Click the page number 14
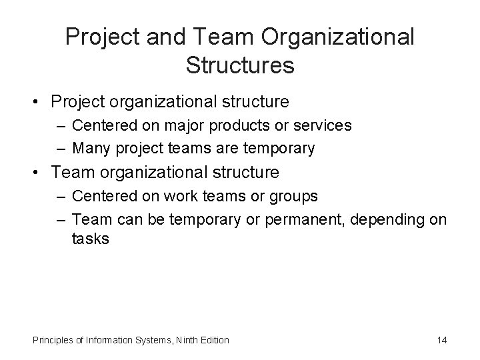coord(442,340)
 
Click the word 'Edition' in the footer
coord(213,340)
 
